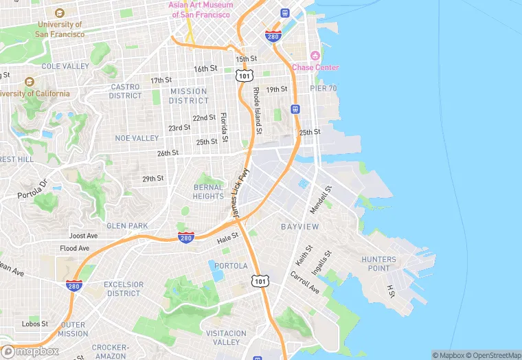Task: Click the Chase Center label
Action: (315, 67)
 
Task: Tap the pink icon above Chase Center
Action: (315, 56)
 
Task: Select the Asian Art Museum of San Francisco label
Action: (201, 9)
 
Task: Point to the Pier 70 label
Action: (324, 89)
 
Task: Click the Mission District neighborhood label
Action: (188, 95)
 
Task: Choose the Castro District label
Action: (126, 91)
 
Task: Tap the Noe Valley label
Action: (137, 138)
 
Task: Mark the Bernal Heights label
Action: (208, 191)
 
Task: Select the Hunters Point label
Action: (378, 264)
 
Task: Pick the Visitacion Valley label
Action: (225, 337)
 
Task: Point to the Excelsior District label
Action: (124, 289)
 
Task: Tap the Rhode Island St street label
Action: (258, 111)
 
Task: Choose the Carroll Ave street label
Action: (304, 282)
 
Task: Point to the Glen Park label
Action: (127, 225)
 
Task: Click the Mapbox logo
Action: (30, 350)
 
